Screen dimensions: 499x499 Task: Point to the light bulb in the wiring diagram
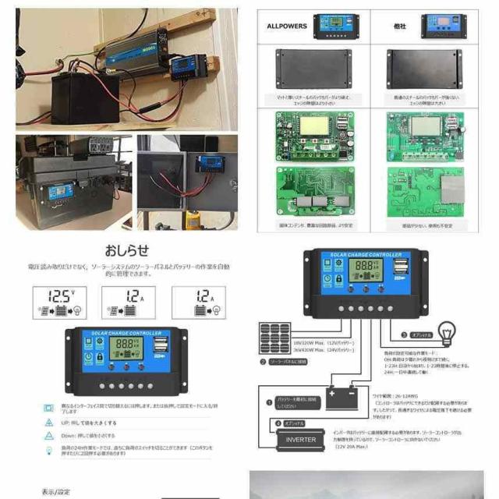(447, 331)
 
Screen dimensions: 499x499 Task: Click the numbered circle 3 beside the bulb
(404, 335)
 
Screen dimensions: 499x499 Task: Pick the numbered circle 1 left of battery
(269, 403)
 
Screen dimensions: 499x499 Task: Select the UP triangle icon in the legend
(48, 422)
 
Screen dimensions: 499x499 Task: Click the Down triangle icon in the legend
(48, 436)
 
